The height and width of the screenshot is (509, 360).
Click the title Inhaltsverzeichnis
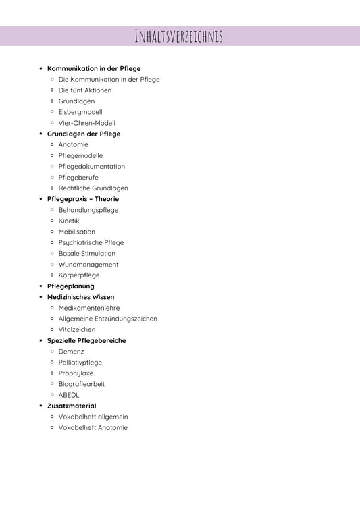pos(179,36)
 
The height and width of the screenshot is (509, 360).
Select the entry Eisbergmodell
pos(80,112)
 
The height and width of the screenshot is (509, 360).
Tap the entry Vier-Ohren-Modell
pos(86,123)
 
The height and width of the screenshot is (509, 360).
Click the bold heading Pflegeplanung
pos(71,286)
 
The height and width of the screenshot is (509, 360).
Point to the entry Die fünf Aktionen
pos(85,90)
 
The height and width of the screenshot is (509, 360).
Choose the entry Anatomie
pos(73,144)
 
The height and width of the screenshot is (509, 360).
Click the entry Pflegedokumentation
pos(91,166)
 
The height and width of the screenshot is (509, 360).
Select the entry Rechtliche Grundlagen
pos(93,188)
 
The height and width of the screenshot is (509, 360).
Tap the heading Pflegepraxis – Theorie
pos(83,199)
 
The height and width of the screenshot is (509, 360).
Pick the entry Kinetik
pos(69,221)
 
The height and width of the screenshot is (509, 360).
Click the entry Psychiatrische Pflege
pos(91,242)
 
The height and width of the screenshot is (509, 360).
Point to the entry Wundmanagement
pos(88,265)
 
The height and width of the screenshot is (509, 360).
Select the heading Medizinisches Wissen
pos(81,297)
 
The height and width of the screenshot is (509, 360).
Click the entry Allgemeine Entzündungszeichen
pos(108,319)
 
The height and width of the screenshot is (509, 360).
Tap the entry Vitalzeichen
pos(77,329)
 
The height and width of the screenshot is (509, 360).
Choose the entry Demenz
pos(72,352)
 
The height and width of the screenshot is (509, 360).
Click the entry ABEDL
pos(69,395)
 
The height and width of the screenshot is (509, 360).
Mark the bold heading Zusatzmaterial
pos(72,406)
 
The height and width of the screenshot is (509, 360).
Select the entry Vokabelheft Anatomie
pos(93,427)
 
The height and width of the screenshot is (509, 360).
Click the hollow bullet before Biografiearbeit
pos(52,384)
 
